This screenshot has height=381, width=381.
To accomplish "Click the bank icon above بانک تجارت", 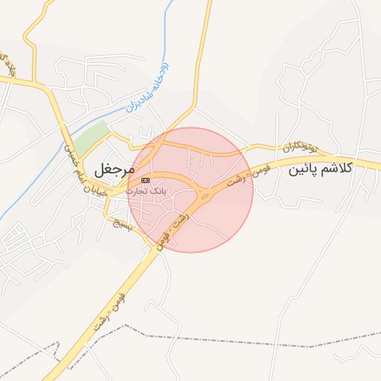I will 145,180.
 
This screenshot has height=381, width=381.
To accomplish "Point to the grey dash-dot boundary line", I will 223,339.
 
